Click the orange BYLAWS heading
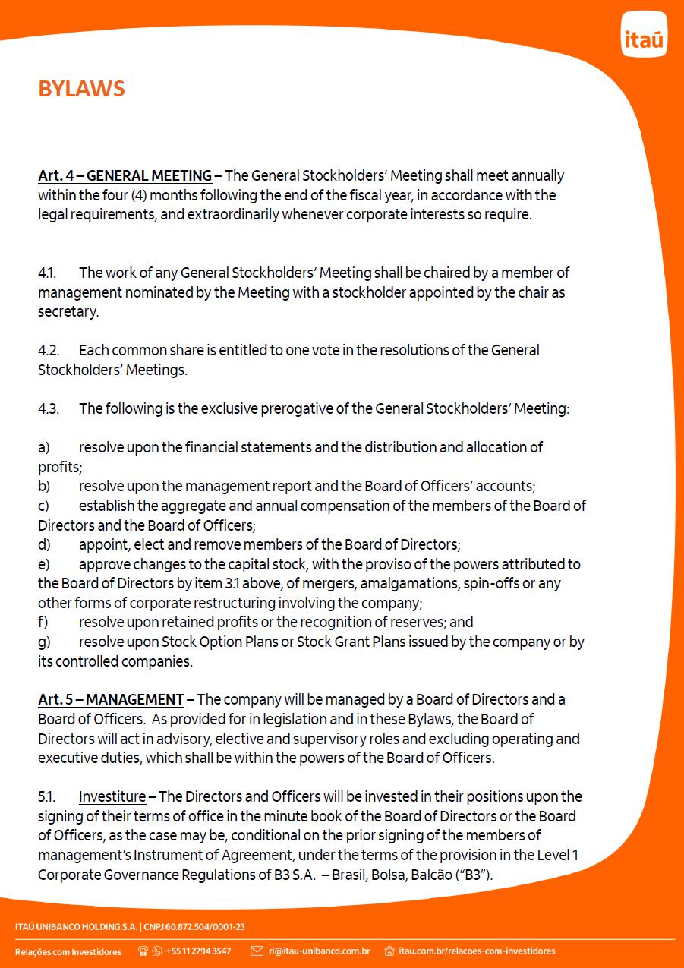pos(81,90)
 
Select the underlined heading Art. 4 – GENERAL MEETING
pos(125,176)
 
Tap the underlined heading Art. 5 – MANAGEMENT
pos(111,700)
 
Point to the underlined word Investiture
pos(112,797)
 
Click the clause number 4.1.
pos(47,273)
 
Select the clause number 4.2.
pos(49,351)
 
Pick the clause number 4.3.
pos(49,409)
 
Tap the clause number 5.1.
pos(47,797)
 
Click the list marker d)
pos(44,544)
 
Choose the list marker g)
pos(44,642)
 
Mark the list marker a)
pos(44,448)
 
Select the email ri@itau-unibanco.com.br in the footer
pos(319,951)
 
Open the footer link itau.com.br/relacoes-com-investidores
pos(477,951)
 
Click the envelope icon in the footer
pos(257,951)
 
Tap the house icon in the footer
pos(389,951)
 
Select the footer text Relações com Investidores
pos(68,952)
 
